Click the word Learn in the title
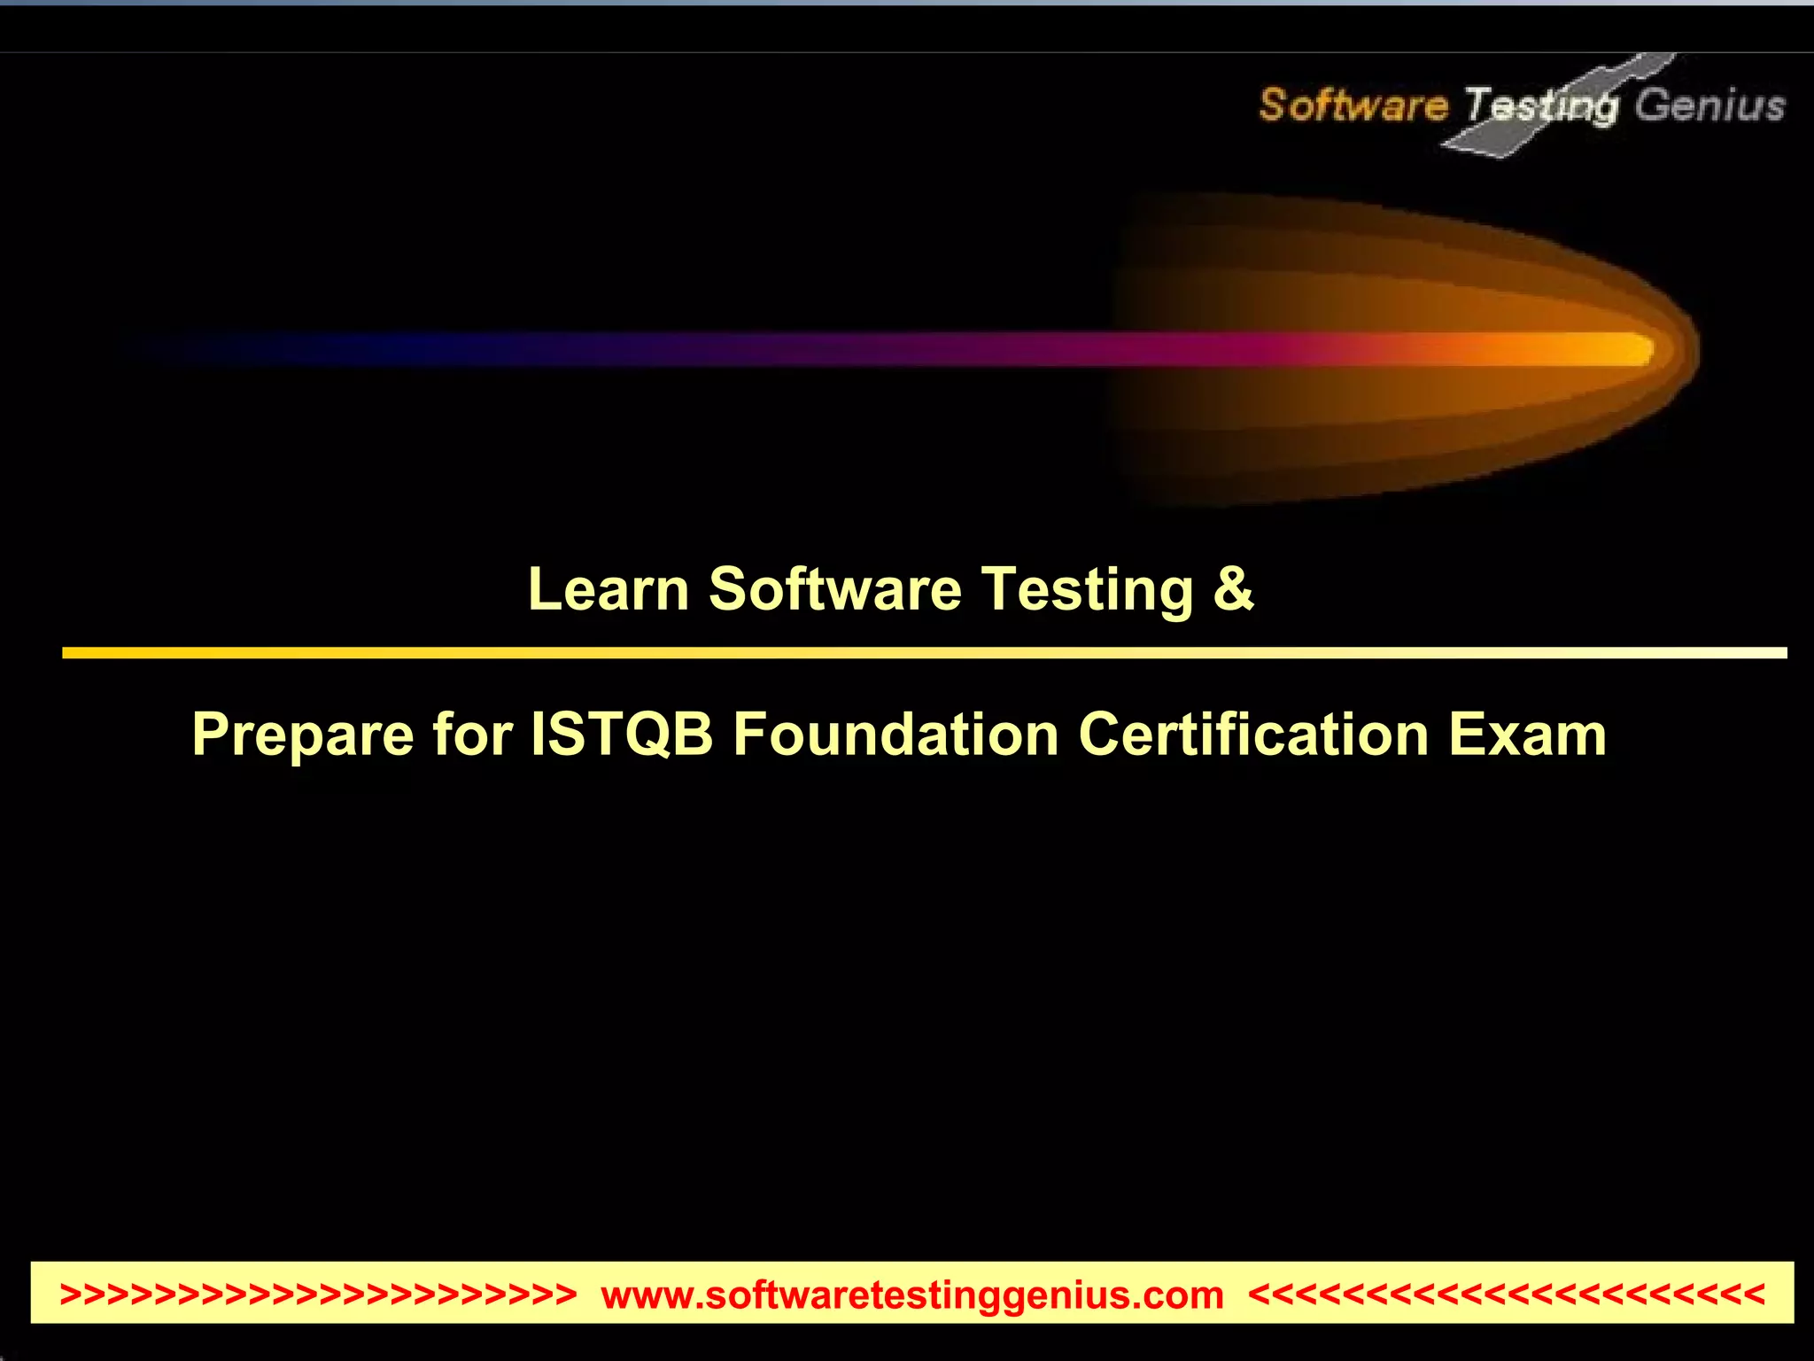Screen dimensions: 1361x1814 coord(609,589)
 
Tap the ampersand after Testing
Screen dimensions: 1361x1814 coord(1233,589)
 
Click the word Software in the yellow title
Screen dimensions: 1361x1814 coord(834,589)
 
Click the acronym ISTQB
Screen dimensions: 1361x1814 coord(622,735)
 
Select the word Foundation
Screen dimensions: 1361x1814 coord(895,735)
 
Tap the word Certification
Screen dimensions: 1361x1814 coord(1253,735)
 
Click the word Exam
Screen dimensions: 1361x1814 coord(1527,735)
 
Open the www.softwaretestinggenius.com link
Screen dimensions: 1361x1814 coord(911,1295)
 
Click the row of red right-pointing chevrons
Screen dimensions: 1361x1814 coord(318,1295)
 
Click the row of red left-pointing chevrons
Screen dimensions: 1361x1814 coord(1506,1295)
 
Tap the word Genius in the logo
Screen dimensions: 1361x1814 coord(1709,105)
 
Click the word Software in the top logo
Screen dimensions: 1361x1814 coord(1353,105)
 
